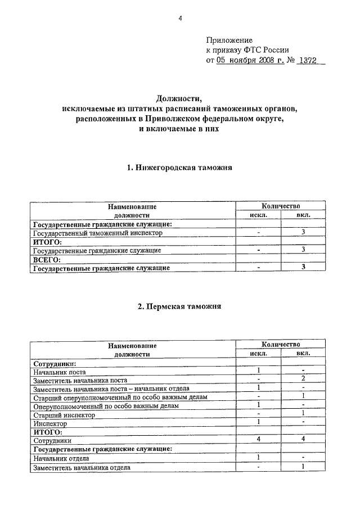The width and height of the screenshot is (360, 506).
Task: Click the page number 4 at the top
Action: click(x=180, y=19)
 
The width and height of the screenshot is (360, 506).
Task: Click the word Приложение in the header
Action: click(x=229, y=40)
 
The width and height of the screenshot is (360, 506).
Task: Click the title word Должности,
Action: click(x=179, y=99)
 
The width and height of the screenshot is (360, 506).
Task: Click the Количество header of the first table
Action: click(x=281, y=206)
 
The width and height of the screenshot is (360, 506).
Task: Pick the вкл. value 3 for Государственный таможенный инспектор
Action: click(x=303, y=232)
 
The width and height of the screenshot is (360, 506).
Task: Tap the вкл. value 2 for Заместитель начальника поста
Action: click(x=303, y=379)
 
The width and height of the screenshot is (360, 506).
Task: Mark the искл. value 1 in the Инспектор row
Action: click(x=258, y=422)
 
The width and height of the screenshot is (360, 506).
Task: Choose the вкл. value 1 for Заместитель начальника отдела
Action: click(x=303, y=467)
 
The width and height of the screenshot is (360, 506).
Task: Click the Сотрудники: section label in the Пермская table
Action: click(x=55, y=363)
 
